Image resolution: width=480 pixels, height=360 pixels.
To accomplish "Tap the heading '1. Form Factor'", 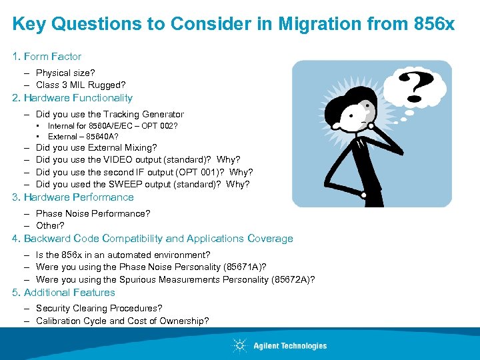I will tap(47, 57).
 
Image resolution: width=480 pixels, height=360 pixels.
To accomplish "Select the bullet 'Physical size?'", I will tap(65, 73).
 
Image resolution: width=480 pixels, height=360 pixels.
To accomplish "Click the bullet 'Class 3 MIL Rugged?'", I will tap(81, 85).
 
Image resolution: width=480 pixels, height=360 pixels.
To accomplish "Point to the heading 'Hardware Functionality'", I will tap(78, 98).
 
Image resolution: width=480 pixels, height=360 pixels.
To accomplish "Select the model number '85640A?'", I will tap(102, 137).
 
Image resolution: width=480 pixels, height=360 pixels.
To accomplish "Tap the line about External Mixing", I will tap(97, 147).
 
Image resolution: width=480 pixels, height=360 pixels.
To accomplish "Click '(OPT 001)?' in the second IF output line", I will tap(201, 172).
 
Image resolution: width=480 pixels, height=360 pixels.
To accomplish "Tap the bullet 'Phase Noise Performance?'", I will tap(93, 213).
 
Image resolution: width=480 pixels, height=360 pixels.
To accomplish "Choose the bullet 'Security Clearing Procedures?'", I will tap(99, 309).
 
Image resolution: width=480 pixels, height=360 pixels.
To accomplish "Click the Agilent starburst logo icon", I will tap(240, 345).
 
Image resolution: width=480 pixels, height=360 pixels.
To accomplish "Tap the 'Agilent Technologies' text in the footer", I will tap(290, 346).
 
